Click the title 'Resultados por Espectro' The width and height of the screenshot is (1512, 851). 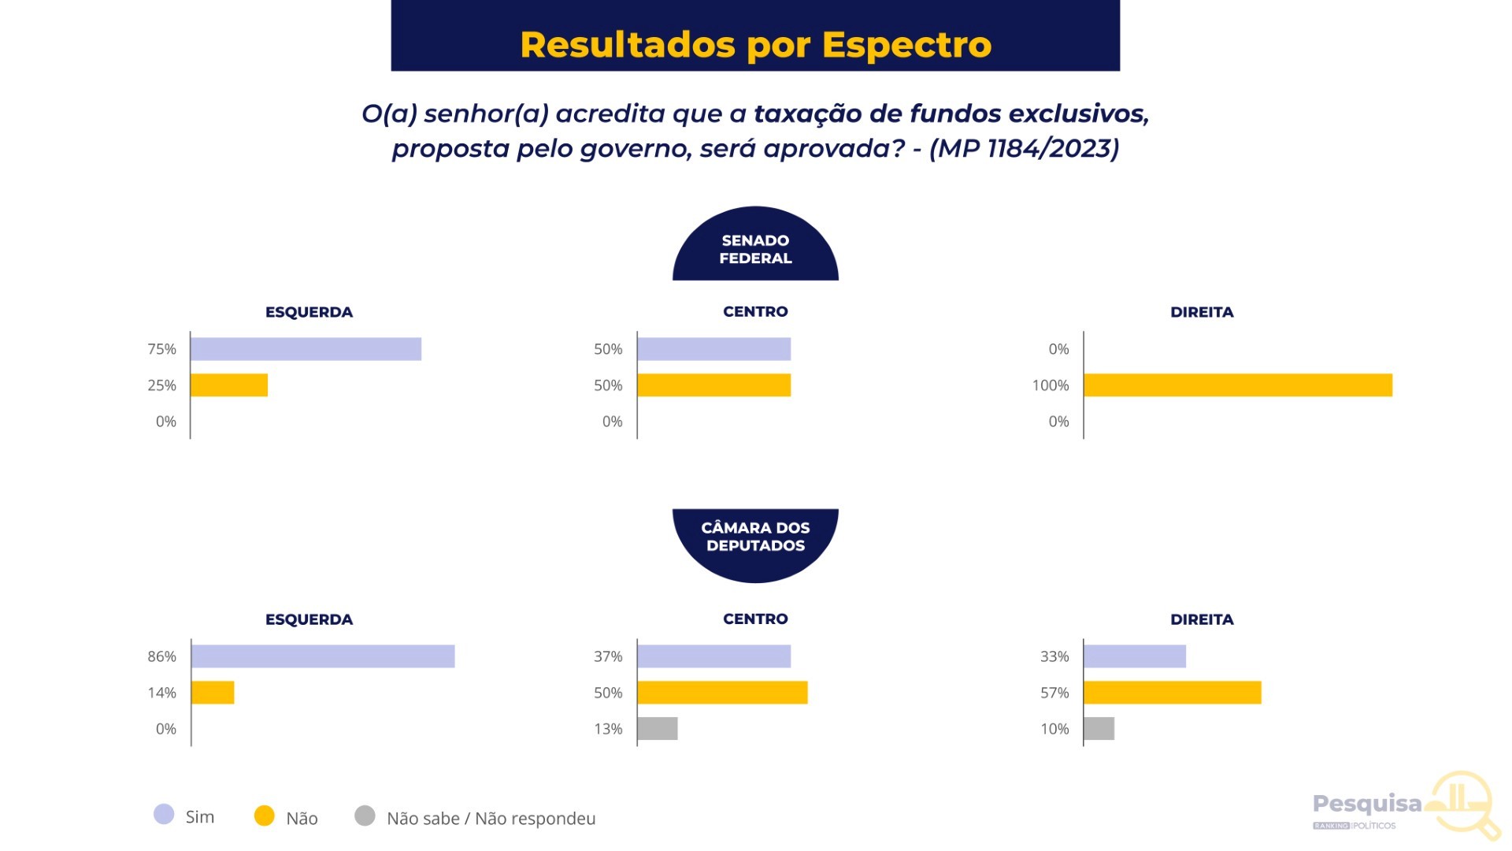tap(755, 45)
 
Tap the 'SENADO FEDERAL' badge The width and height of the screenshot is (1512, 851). tap(755, 249)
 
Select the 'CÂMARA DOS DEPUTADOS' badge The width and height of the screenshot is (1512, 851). tap(755, 537)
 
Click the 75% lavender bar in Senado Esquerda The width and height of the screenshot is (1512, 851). tap(306, 349)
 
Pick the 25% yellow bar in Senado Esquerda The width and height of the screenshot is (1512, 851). tap(229, 385)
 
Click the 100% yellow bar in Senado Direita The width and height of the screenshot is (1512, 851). tap(1238, 385)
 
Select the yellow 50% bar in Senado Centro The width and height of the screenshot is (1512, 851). tap(713, 385)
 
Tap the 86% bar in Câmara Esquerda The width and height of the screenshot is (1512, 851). tap(323, 656)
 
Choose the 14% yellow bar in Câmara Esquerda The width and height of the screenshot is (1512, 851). tap(213, 693)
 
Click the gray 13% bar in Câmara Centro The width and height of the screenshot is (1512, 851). tap(658, 729)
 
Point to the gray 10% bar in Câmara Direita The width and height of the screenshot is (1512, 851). tap(1099, 729)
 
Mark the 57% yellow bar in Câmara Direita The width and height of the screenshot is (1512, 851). tap(1173, 693)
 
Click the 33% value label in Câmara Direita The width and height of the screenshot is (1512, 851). tap(1054, 656)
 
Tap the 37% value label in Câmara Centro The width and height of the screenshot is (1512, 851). tap(608, 656)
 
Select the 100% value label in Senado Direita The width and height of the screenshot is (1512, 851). tap(1051, 385)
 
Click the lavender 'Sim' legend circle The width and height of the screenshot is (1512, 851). tap(164, 815)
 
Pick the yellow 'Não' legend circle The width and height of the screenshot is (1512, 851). tap(265, 816)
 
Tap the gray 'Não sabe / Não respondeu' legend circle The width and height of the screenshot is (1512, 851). tap(365, 816)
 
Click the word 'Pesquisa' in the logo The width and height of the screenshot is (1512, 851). tap(1367, 804)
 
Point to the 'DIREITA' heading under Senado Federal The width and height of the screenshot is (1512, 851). tap(1202, 312)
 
